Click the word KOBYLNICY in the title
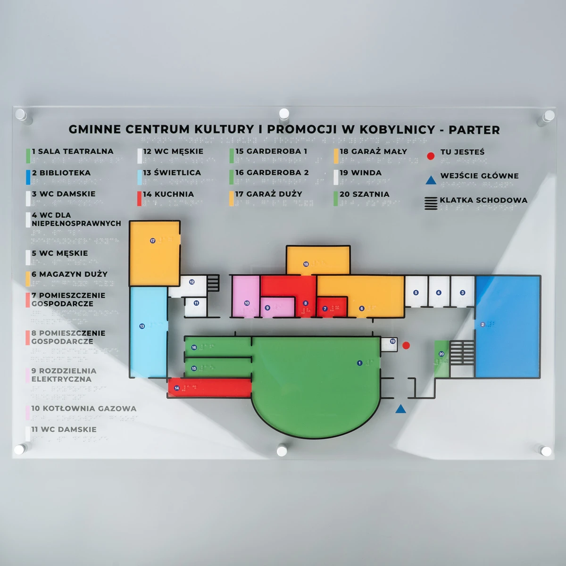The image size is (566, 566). click(x=397, y=130)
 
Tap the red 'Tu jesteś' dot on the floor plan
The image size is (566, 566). click(x=406, y=345)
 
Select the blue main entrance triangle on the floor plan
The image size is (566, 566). click(x=400, y=409)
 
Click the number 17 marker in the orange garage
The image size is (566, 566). click(x=153, y=241)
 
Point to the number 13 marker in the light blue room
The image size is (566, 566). click(x=142, y=326)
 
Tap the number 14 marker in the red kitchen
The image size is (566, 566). click(x=177, y=388)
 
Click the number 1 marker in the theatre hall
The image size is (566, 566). click(x=359, y=363)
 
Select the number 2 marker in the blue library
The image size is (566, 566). click(x=483, y=325)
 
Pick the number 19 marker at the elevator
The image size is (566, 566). click(x=393, y=341)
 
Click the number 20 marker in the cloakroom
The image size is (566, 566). click(x=441, y=354)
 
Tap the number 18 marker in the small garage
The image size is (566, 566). click(x=306, y=264)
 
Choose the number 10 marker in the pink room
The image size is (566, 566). click(x=247, y=303)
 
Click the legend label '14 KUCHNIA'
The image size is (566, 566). click(x=168, y=194)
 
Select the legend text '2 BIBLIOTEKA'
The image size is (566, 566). click(x=61, y=173)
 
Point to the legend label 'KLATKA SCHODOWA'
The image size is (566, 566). click(x=483, y=200)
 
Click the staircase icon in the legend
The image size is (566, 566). click(x=431, y=203)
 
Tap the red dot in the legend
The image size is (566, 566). click(x=431, y=156)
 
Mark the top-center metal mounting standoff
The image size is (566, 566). click(x=284, y=114)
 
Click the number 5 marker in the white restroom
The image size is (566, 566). click(x=416, y=292)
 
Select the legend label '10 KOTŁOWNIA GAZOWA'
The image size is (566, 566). click(x=84, y=408)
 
